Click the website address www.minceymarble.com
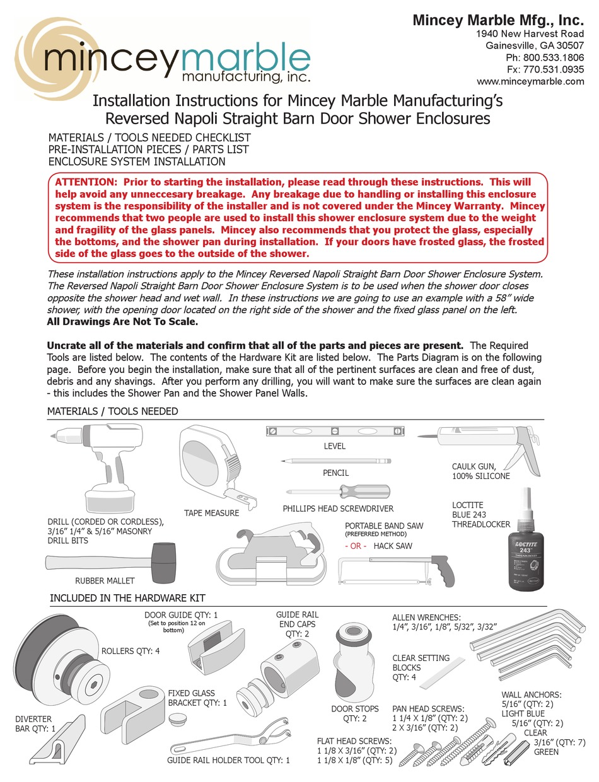tap(530, 81)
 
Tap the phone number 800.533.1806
tap(545, 57)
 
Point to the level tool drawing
tap(334, 432)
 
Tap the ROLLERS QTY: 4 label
tap(131, 651)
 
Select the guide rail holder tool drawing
tap(230, 739)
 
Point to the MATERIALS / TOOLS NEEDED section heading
tap(112, 411)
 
